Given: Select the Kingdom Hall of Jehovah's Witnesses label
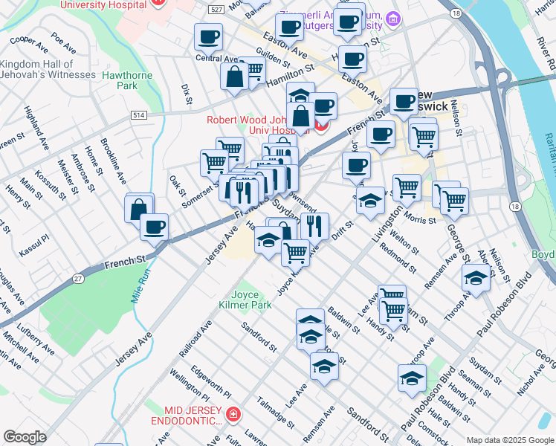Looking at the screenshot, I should pos(48,69).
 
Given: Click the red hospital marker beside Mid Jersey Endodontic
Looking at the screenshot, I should pos(233,413).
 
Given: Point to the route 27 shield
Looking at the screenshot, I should pos(78,277).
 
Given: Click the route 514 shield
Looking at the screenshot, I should pos(138,114).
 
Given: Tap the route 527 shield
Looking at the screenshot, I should pos(216,10).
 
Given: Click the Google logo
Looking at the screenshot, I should pos(25,437).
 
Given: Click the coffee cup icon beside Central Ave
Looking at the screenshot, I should pos(208,36).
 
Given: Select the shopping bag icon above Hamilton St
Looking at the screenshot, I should pos(235,77).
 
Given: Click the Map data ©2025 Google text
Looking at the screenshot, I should pos(509,439).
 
